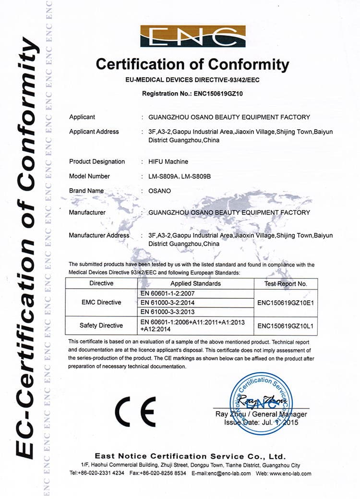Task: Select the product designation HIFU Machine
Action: coord(168,161)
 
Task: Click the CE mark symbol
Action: coord(136,412)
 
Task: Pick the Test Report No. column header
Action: coord(286,283)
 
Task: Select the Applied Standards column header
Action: coord(195,283)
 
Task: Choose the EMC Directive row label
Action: coord(101,302)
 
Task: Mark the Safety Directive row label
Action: coord(101,326)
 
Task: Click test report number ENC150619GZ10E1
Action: coord(286,303)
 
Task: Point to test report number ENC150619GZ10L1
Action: coord(286,326)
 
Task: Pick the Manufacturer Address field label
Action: coord(99,235)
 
